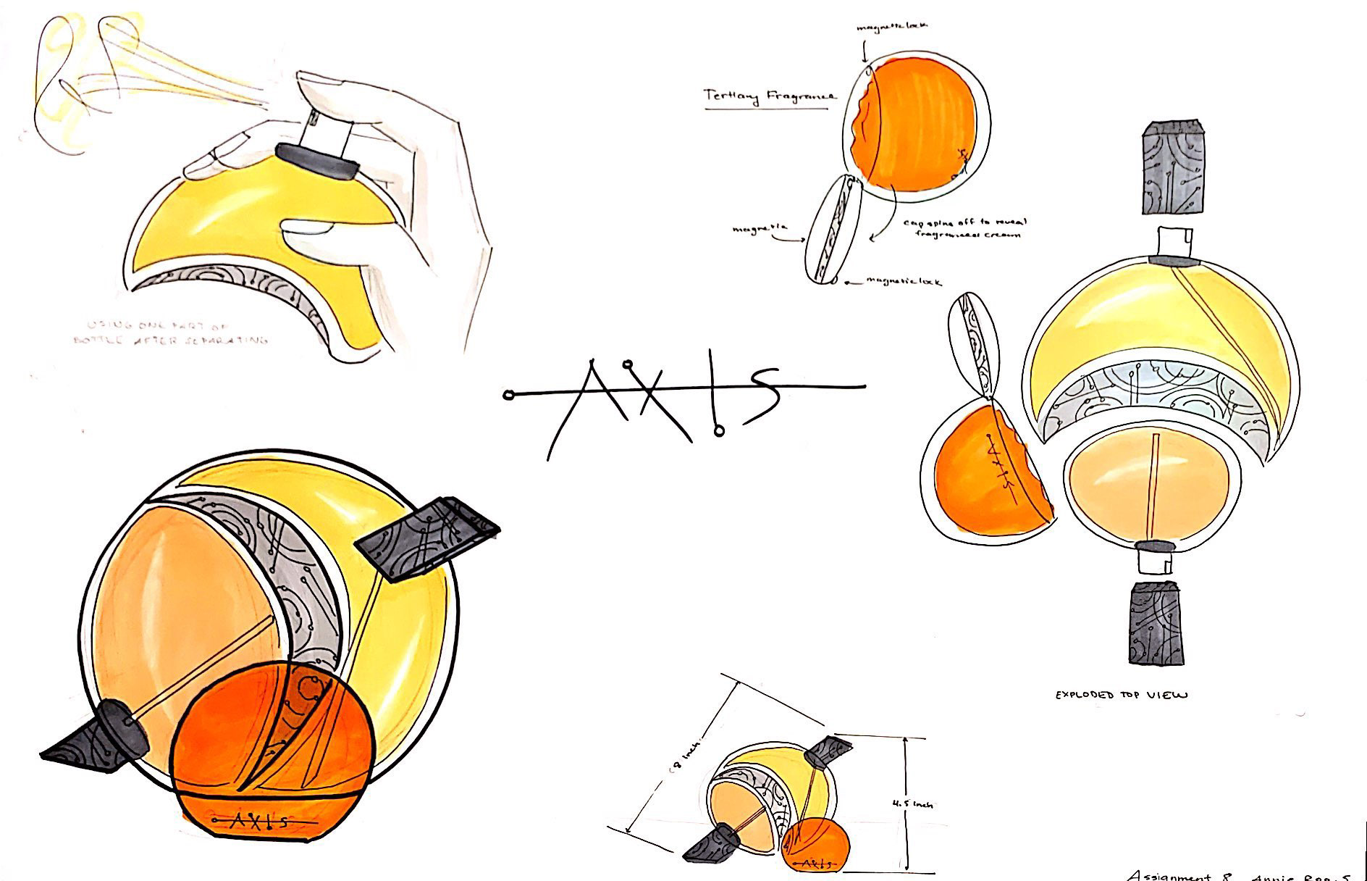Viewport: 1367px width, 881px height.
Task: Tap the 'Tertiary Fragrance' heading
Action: click(x=770, y=96)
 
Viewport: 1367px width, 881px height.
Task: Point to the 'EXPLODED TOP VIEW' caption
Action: click(x=1121, y=695)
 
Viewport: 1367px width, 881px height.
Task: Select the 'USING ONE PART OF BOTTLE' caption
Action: click(x=170, y=333)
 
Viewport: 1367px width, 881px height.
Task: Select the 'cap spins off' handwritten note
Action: click(x=963, y=228)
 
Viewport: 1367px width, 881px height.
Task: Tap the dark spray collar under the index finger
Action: click(x=316, y=161)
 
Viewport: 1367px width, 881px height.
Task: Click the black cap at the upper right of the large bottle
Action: click(x=427, y=536)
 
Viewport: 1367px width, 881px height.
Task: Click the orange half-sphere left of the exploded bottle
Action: click(x=985, y=475)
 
